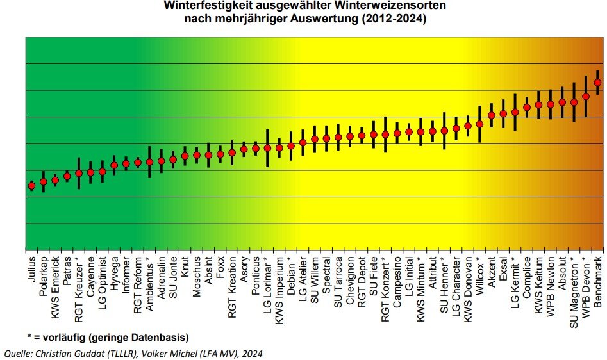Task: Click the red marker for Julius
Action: (31, 186)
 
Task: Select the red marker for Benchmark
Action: (598, 83)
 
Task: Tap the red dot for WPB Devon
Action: (586, 96)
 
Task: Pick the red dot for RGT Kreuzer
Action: (79, 173)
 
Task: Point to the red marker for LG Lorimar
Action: (267, 148)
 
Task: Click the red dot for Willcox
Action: (479, 124)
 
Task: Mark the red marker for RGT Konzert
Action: (385, 135)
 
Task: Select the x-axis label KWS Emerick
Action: (55, 279)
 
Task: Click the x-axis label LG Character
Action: (456, 282)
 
